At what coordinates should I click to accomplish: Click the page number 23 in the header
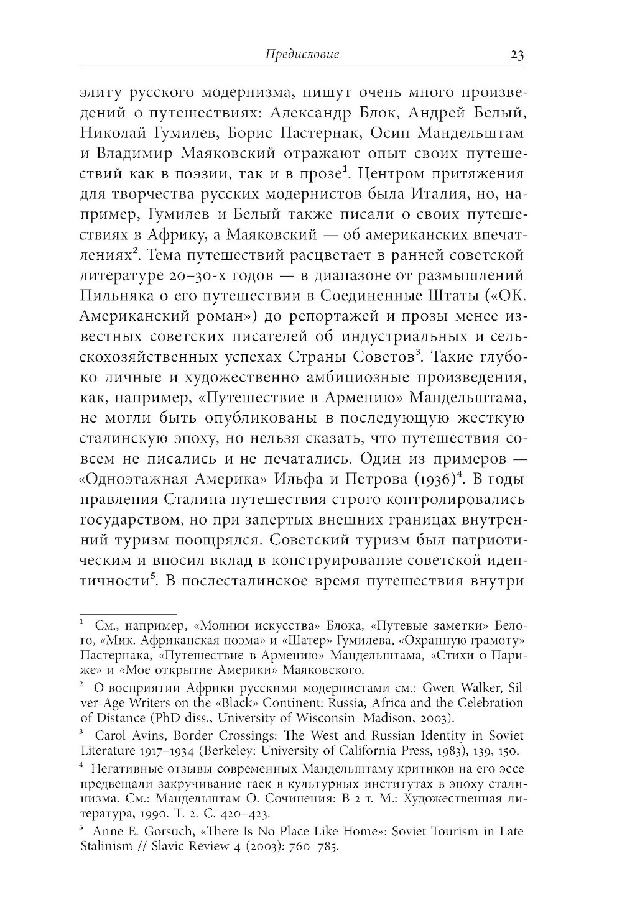coord(517,55)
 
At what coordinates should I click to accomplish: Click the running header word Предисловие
coord(302,55)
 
